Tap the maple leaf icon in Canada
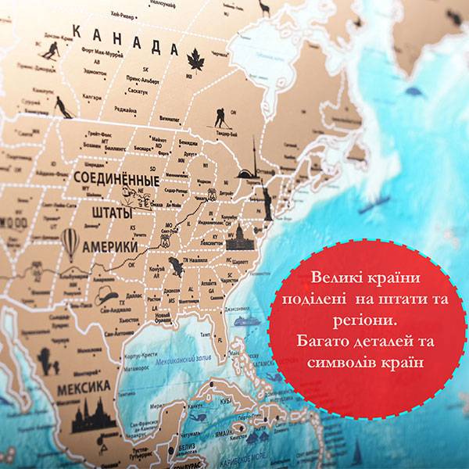point(193,58)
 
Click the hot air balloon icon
point(70,243)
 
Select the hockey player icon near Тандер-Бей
point(222,117)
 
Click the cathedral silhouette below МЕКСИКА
point(94,418)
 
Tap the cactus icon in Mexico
point(48,360)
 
